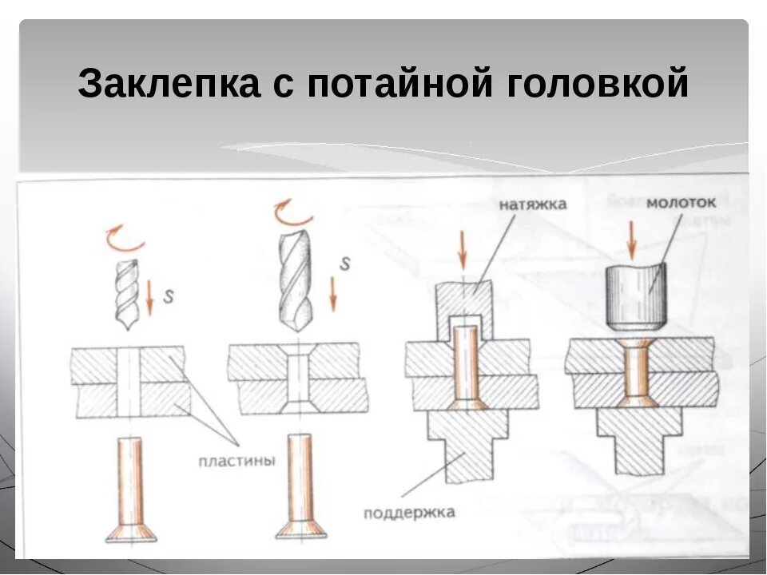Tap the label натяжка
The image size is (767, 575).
pyautogui.click(x=533, y=204)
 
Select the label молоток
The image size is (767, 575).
pyautogui.click(x=682, y=203)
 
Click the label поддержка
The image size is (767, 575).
pyautogui.click(x=408, y=512)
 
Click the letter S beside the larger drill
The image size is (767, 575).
pyautogui.click(x=345, y=264)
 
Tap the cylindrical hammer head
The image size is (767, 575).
pyautogui.click(x=636, y=297)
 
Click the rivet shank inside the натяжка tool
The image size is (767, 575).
pyautogui.click(x=464, y=359)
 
